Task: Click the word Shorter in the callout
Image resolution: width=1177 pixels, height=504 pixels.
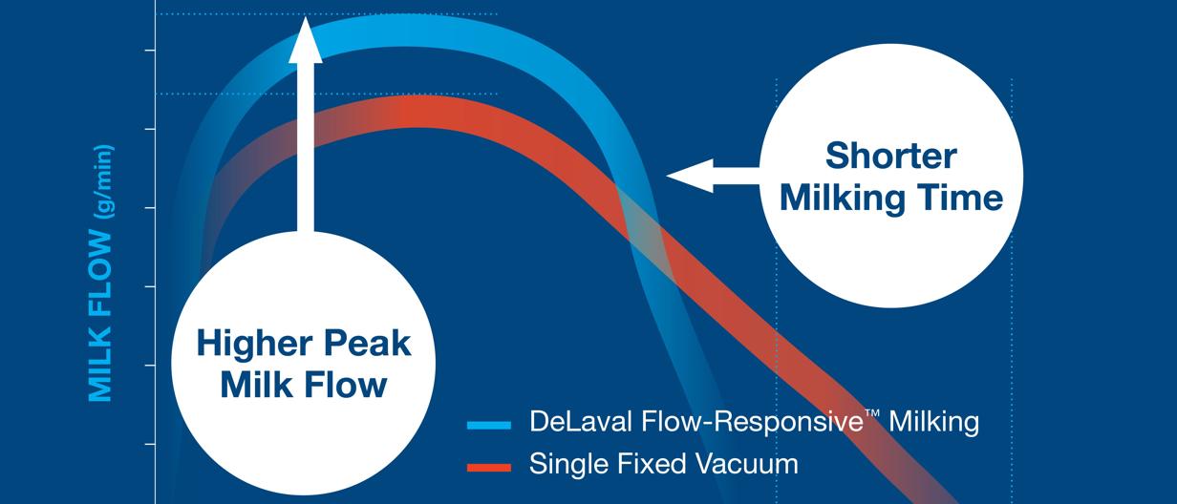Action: tap(891, 155)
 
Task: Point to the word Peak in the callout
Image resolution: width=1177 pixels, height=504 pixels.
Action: tap(364, 343)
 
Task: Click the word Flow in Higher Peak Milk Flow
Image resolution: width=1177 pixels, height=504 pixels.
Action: tap(353, 385)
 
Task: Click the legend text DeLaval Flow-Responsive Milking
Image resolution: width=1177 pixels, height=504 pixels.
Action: tap(754, 422)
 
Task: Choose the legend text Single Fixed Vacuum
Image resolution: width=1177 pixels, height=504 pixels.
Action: tap(663, 465)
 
